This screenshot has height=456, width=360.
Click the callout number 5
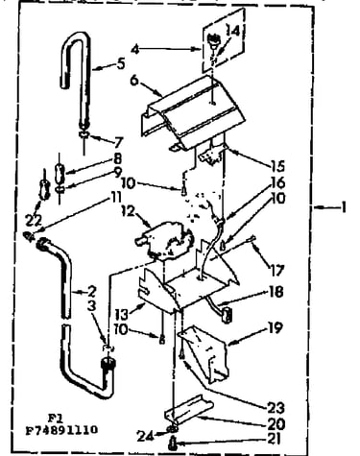click(x=121, y=64)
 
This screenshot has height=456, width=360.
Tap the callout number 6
click(x=134, y=80)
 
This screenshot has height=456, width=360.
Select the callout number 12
click(x=130, y=211)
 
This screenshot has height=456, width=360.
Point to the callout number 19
click(x=276, y=328)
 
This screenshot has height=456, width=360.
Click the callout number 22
click(x=34, y=220)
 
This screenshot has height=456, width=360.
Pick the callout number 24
click(x=145, y=436)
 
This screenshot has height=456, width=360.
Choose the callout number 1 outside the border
click(x=344, y=207)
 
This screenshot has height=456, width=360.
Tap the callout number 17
click(x=277, y=271)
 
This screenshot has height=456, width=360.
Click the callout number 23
click(x=276, y=408)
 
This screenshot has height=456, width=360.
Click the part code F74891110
click(x=61, y=430)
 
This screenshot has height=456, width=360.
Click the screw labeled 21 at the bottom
click(x=172, y=444)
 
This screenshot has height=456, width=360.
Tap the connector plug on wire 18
click(x=227, y=314)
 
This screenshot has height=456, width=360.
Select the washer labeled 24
click(x=173, y=430)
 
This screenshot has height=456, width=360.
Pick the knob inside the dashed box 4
click(x=213, y=42)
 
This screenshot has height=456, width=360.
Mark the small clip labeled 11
click(x=29, y=236)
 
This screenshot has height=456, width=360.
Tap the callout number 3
click(x=91, y=305)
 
